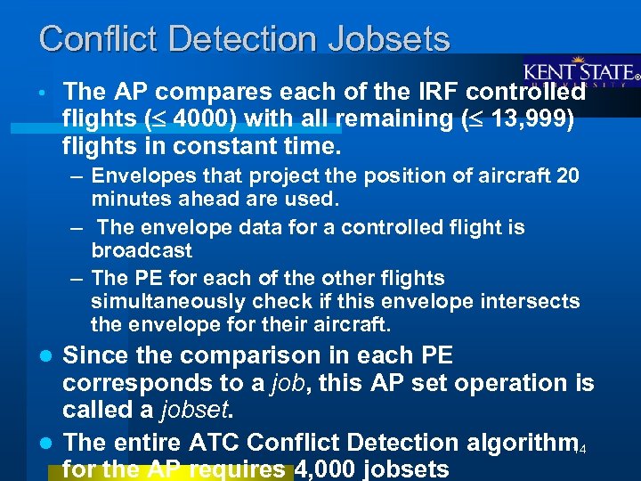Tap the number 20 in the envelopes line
567,176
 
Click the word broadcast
141,250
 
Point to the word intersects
531,302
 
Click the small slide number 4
583,447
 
